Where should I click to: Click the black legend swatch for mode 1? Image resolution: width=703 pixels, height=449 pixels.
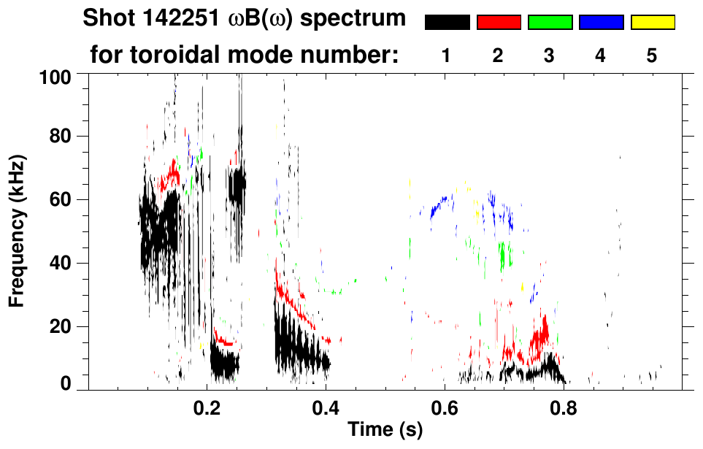coord(447,23)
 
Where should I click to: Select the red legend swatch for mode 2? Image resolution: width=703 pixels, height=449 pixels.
coord(499,23)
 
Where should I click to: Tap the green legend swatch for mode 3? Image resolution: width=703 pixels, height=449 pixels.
coord(550,23)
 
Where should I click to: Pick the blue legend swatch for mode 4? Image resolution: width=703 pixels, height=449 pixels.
coord(601,23)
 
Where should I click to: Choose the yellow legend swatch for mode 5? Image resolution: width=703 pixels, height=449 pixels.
coord(652,23)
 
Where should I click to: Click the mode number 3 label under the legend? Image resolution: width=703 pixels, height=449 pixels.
coord(549,55)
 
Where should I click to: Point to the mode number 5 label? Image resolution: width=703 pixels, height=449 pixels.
coord(652,55)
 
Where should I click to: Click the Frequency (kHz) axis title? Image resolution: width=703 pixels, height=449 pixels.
coord(17,230)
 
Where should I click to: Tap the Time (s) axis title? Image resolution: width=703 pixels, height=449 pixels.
coord(385,430)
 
